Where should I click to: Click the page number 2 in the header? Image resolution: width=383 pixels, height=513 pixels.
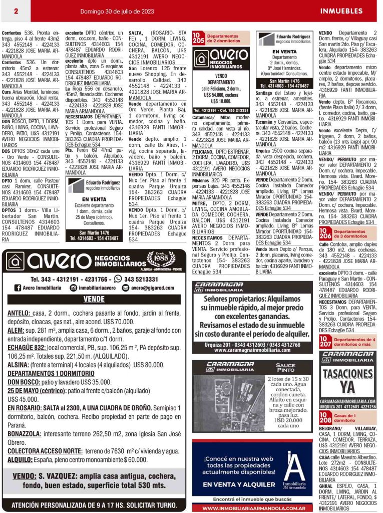pos(16,11)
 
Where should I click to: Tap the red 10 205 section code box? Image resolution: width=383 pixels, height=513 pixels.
pos(198,38)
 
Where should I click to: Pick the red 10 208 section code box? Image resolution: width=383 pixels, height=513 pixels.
pos(325,417)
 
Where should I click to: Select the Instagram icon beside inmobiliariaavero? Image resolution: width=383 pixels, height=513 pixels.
pos(73,288)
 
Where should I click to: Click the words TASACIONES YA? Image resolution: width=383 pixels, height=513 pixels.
pos(347,380)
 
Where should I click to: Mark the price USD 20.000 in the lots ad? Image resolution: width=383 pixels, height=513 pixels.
pos(288,422)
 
